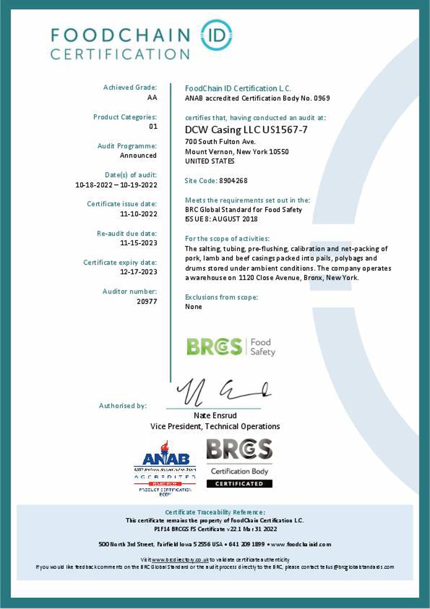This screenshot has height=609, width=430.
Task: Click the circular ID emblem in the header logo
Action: [x=216, y=35]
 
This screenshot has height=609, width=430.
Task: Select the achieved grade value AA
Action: [x=152, y=97]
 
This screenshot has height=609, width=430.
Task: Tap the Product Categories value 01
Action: [x=153, y=126]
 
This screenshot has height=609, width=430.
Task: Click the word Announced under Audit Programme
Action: [x=138, y=155]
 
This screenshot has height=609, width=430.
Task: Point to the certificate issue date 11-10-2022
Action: [x=138, y=214]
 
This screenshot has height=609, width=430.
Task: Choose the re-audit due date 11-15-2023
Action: [x=138, y=243]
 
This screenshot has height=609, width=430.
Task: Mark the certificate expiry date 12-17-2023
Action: [x=138, y=272]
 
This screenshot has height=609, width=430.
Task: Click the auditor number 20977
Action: [x=147, y=301]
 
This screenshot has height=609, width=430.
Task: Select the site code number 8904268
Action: [x=233, y=180]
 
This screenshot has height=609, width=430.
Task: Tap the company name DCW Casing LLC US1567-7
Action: [x=246, y=130]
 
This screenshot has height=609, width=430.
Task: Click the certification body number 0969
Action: [x=322, y=98]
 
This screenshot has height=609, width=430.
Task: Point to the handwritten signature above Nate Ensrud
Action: [x=223, y=392]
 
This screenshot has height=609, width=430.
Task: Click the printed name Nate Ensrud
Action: [x=215, y=416]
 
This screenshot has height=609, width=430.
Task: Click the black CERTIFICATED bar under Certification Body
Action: [x=239, y=484]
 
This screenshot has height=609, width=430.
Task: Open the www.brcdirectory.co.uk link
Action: [x=180, y=560]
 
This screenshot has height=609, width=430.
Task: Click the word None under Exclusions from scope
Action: [x=193, y=307]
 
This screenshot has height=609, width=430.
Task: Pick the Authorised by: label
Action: [x=123, y=406]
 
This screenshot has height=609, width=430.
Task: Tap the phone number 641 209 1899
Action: [x=247, y=544]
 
